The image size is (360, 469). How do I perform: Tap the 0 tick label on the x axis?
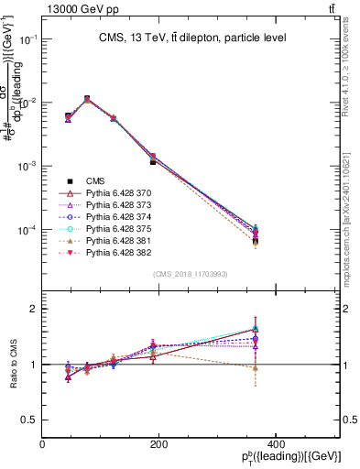(42, 444)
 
